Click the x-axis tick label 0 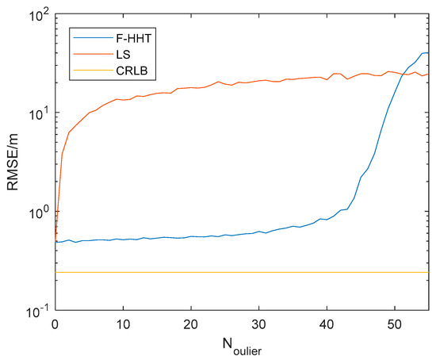pos(55,324)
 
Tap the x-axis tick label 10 pos(122,324)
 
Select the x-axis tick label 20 pos(190,324)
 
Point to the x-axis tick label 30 pos(258,324)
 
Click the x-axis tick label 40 pos(326,324)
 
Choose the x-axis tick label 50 pos(394,324)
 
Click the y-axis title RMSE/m pos(13,162)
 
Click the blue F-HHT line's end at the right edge pos(428,52)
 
